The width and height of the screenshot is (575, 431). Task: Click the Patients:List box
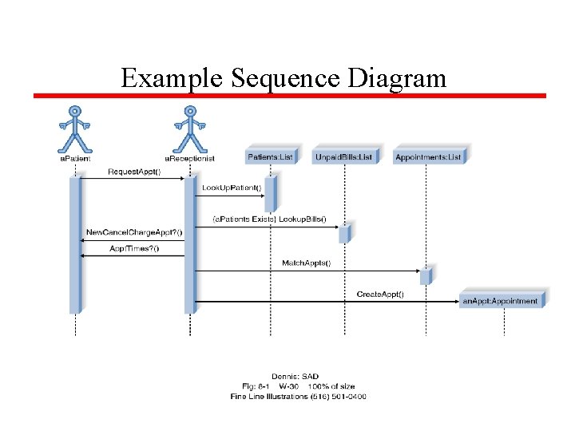[271, 156]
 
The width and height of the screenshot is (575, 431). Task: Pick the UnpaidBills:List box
[343, 156]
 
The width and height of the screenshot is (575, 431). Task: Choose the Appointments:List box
[428, 156]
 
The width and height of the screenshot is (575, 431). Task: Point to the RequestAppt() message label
[133, 172]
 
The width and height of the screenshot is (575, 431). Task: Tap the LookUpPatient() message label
[232, 188]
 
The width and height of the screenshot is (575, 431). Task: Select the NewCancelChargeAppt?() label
[133, 232]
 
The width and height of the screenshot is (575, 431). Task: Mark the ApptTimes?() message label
[134, 248]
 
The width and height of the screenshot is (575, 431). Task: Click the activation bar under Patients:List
[270, 194]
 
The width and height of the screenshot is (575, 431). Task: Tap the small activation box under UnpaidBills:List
[344, 234]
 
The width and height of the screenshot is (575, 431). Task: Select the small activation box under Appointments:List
[426, 275]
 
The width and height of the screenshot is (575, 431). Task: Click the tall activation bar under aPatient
[75, 244]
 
